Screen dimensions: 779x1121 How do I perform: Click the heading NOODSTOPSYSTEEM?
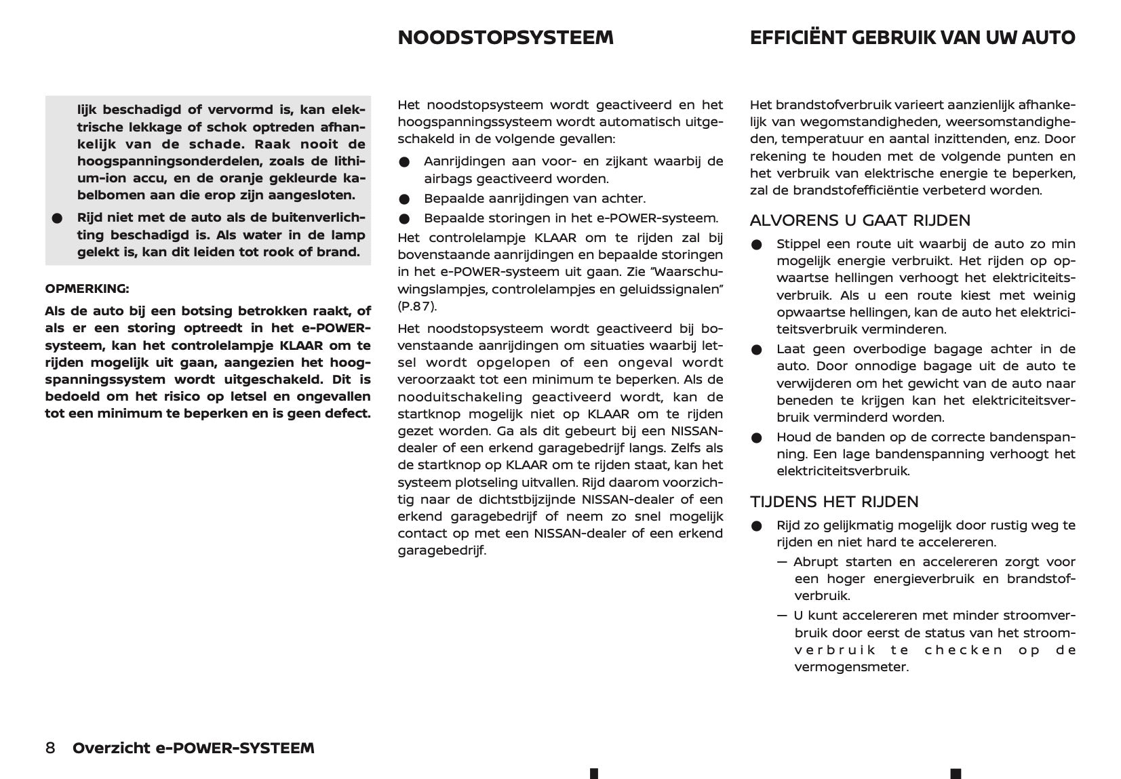(x=505, y=38)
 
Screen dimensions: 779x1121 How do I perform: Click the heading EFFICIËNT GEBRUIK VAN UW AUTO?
(x=912, y=38)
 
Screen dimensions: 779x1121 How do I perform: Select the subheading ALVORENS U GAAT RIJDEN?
(x=860, y=220)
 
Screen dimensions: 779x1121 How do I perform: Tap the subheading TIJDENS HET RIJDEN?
(x=834, y=502)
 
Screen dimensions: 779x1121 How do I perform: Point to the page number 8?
(x=50, y=748)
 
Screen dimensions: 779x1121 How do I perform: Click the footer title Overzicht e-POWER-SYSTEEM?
(x=193, y=748)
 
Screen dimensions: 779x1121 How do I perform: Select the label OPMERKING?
(x=87, y=289)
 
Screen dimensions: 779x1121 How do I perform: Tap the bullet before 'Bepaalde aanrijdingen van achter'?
(x=405, y=199)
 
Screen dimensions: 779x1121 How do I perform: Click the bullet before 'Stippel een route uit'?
(x=757, y=245)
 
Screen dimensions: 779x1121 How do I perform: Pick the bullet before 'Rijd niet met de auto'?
(x=57, y=218)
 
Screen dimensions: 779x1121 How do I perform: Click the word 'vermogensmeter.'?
(x=851, y=667)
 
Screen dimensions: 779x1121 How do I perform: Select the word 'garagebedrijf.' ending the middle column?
(x=441, y=551)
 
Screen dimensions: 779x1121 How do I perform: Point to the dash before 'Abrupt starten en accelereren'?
(x=783, y=562)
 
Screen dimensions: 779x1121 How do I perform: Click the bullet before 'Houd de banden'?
(x=757, y=438)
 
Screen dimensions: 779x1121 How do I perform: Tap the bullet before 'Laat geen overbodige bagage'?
(x=757, y=350)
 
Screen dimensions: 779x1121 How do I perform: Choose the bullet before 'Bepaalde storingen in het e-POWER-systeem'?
(x=405, y=219)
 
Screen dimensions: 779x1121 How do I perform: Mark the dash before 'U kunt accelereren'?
(x=783, y=616)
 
